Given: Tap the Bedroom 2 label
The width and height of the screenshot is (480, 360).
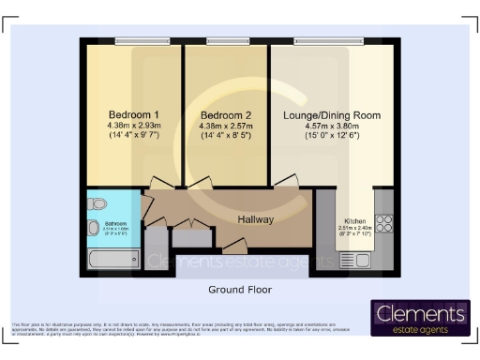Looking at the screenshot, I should [x=225, y=114].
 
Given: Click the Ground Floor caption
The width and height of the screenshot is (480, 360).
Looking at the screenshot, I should [x=239, y=290].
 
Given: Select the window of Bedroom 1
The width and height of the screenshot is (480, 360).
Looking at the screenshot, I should [x=142, y=40].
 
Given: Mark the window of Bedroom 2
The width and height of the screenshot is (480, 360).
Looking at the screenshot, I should [x=228, y=40].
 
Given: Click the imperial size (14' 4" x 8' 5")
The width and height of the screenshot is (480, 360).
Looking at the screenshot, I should [x=225, y=137].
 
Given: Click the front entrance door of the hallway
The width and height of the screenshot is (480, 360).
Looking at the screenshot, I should [x=234, y=247].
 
